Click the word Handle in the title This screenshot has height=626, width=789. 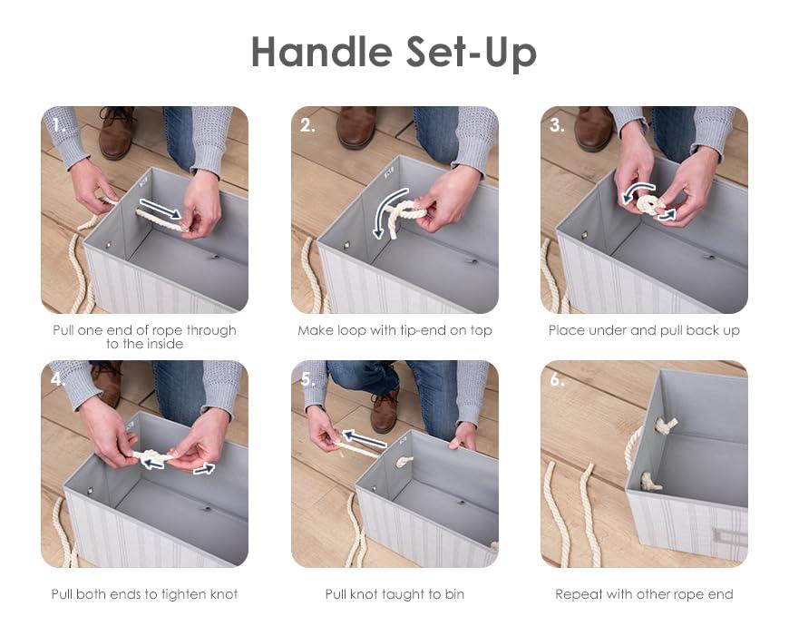click(x=322, y=52)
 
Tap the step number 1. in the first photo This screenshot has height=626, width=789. click(x=59, y=125)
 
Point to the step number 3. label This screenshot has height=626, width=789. click(x=557, y=125)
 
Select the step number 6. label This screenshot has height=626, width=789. click(x=557, y=379)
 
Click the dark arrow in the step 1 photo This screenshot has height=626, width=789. click(x=161, y=209)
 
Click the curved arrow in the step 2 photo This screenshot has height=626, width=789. click(x=388, y=211)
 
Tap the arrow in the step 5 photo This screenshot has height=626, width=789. click(x=365, y=438)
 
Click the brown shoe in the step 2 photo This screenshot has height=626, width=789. click(x=356, y=127)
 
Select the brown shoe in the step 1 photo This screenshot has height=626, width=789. click(x=117, y=132)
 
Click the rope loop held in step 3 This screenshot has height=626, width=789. click(x=649, y=204)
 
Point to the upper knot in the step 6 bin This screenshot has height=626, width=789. click(x=666, y=425)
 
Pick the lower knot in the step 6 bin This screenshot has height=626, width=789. click(x=650, y=482)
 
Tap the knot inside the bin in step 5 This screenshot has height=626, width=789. click(x=404, y=461)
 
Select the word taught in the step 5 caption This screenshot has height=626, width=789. click(x=404, y=595)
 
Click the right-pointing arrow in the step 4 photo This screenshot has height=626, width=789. click(x=204, y=469)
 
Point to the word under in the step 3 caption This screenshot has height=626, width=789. click(x=608, y=330)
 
